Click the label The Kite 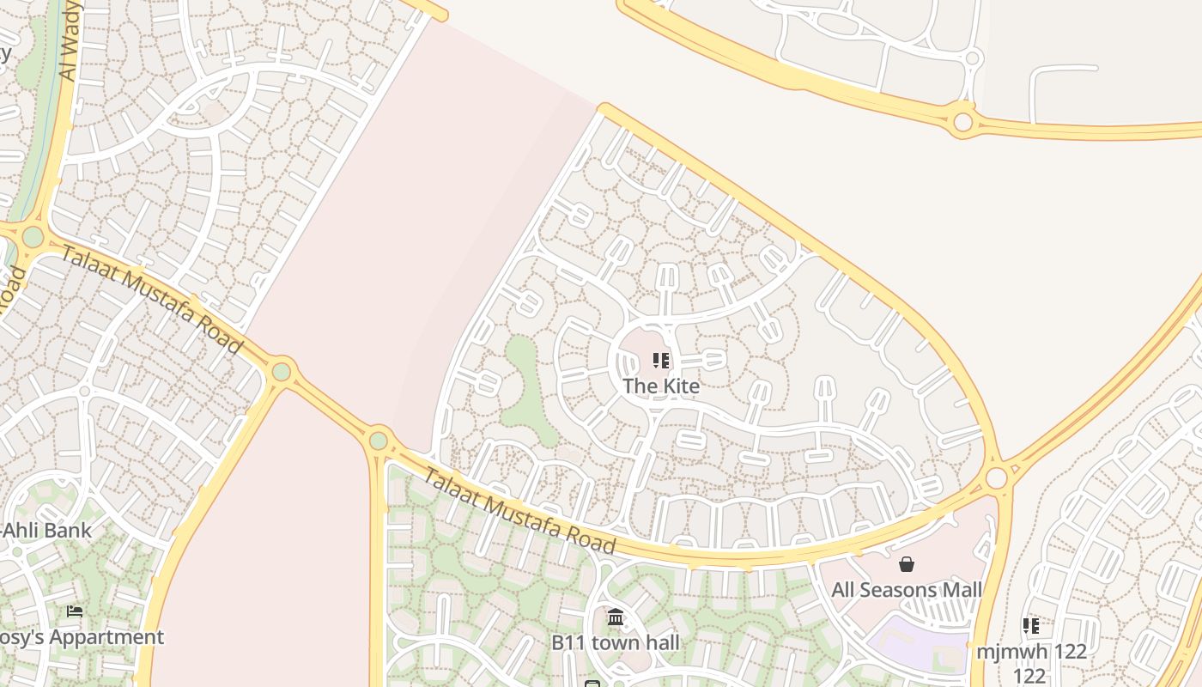coord(661,386)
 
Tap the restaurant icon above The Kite coord(661,361)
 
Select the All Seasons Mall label coord(907,590)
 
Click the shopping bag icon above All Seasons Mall coord(906,564)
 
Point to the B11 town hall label coord(616,641)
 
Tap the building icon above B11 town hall coord(616,617)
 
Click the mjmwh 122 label coord(1030,651)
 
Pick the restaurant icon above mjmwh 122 coord(1030,625)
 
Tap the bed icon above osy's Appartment coord(75,611)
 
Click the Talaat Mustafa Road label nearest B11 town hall coord(520,512)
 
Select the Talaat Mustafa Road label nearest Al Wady coord(151,297)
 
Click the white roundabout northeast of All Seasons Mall coord(997,477)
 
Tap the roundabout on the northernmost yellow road coord(963,122)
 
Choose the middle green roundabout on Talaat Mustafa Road coord(282,372)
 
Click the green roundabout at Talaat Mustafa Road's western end coord(33,236)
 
